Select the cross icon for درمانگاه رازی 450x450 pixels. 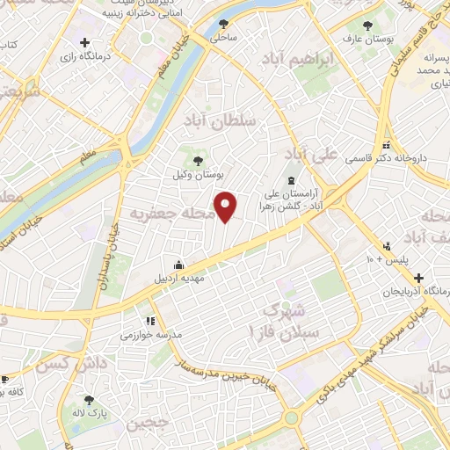[x=84, y=41]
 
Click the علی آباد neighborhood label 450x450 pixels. [x=314, y=156]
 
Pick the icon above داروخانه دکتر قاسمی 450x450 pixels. [x=385, y=146]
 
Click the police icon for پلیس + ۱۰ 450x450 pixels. [x=386, y=246]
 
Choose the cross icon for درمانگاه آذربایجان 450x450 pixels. [x=420, y=276]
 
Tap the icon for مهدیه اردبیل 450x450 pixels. [x=179, y=265]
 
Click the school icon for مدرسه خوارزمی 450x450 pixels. [x=149, y=321]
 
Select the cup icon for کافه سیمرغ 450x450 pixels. [x=4, y=378]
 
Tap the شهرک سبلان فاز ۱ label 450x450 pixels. [x=282, y=321]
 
